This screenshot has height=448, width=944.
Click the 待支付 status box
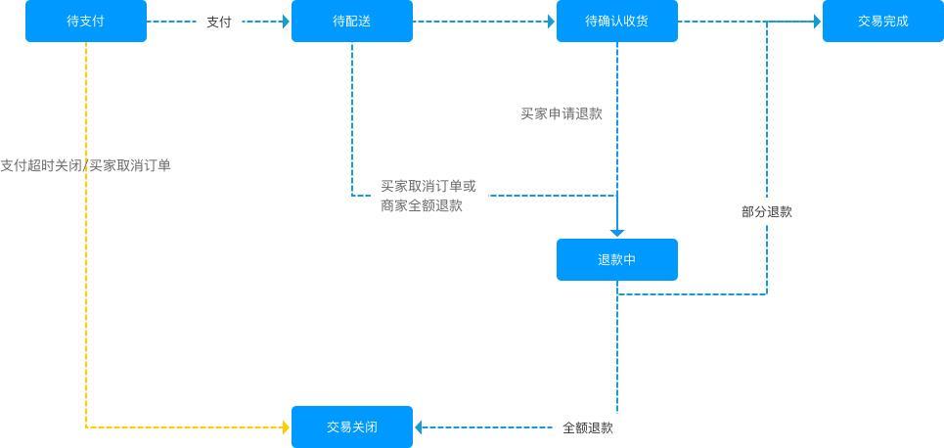point(86,22)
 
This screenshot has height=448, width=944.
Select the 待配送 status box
point(352,22)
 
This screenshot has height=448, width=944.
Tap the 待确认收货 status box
point(616,22)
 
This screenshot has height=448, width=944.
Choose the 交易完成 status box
point(882,22)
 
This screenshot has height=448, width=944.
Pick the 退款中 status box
point(616,260)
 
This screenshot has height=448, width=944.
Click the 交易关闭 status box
point(352,427)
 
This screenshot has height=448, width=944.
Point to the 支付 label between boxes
point(219,22)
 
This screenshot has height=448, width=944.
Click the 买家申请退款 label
point(562,113)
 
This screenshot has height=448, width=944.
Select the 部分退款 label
point(767,211)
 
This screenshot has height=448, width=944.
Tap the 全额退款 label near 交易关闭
point(588,427)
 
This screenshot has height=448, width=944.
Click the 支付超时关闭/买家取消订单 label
point(86,165)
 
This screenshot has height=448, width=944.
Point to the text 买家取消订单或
point(428,186)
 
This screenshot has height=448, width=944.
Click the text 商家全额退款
point(422,205)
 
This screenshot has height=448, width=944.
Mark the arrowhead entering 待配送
point(286,22)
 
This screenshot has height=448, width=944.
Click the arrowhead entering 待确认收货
point(551,22)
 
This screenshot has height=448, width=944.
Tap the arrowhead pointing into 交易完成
point(816,22)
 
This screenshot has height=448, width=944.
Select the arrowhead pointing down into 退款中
point(617,232)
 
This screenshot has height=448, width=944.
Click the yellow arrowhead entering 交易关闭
point(286,427)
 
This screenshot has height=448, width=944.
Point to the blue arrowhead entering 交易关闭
point(419,427)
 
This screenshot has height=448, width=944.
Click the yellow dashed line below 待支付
point(86,293)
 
